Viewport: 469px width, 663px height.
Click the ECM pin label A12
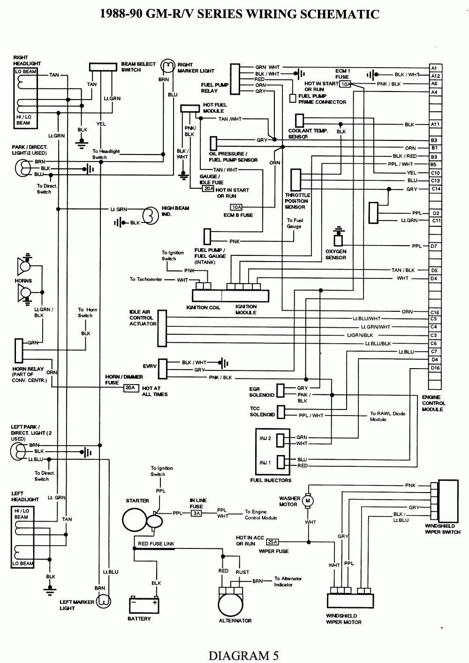(435, 76)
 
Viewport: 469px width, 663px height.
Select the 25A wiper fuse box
(274, 541)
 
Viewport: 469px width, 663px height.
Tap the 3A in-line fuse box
(197, 513)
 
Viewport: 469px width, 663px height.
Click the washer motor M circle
(308, 501)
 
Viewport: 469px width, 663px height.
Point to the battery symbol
(144, 605)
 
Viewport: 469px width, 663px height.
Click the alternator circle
(234, 601)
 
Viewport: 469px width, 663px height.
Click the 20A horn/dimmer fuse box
(130, 388)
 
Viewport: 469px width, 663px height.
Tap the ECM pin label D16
(435, 368)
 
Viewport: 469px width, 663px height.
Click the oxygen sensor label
(335, 254)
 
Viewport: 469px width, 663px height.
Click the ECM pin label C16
(435, 312)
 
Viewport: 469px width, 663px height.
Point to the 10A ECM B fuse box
(236, 207)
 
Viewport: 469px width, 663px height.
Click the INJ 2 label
(265, 438)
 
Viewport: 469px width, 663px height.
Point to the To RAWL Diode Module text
(387, 416)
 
